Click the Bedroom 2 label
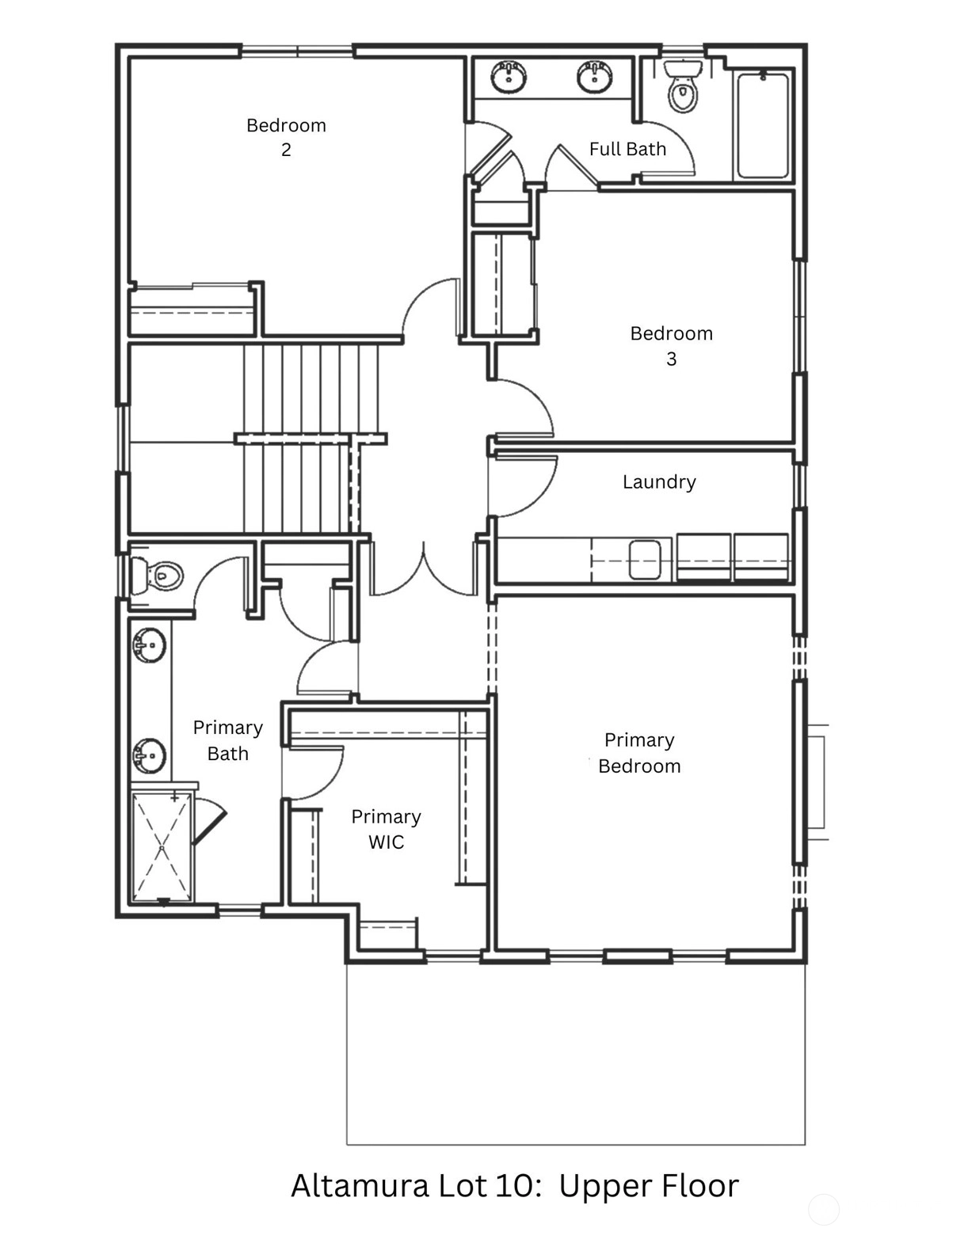286,137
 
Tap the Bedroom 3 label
671,346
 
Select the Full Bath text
627,149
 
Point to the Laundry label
659,482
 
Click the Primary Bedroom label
639,753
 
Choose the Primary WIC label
386,829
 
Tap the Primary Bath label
228,740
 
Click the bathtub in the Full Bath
763,124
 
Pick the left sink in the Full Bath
509,77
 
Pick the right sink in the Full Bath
595,77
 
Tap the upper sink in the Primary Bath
149,645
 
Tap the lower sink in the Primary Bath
149,756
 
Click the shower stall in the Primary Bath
162,847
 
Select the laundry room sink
645,560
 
